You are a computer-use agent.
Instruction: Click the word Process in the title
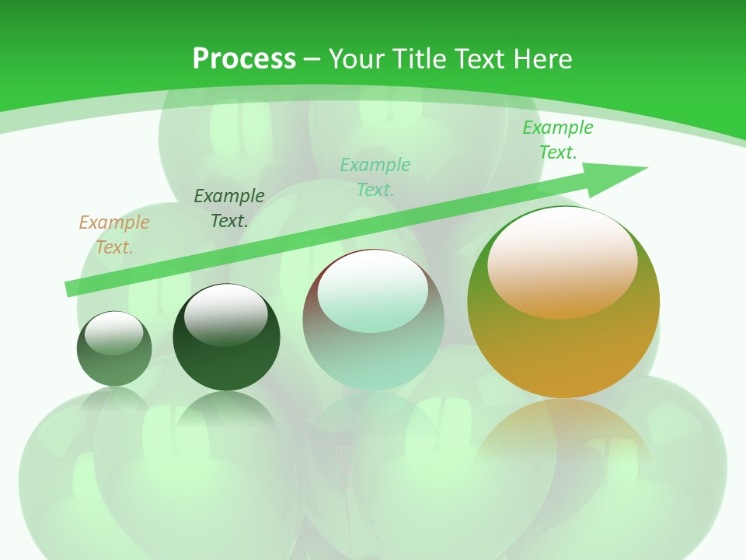(x=244, y=58)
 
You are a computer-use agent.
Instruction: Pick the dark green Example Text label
(x=229, y=208)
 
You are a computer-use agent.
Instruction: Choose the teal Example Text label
(x=375, y=177)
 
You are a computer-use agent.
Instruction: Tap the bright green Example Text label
(x=557, y=140)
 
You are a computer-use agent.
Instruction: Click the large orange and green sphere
(x=563, y=342)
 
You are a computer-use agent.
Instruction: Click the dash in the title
(x=312, y=58)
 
